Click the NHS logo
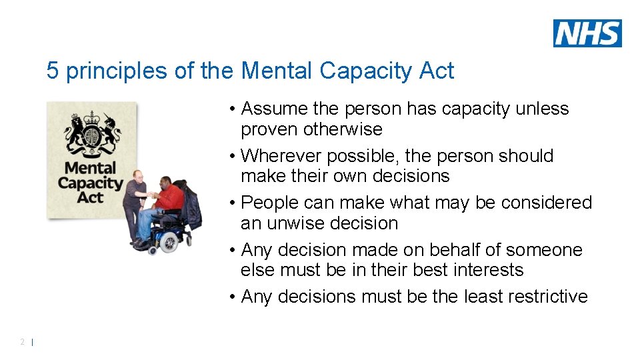[x=587, y=33]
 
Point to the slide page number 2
[x=22, y=342]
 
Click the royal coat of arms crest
[x=93, y=134]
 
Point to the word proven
[x=270, y=129]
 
